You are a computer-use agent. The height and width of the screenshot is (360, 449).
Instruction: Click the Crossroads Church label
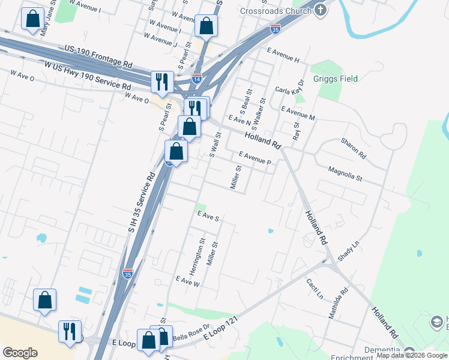276,11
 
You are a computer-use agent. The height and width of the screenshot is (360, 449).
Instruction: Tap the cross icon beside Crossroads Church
321,10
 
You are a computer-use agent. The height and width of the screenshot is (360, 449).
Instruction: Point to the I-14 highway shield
196,79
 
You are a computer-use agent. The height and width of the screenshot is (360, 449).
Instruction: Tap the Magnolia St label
345,174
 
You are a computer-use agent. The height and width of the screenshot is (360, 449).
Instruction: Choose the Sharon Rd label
354,147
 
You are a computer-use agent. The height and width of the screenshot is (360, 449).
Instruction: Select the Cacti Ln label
315,289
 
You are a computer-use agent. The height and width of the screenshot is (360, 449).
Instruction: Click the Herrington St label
202,252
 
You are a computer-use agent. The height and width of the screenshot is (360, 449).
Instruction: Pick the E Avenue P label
255,158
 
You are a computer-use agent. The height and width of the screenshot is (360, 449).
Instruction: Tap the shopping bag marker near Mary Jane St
32,19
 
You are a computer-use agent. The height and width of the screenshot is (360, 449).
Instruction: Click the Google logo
20,353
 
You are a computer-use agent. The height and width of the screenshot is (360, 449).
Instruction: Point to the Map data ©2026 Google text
412,356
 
